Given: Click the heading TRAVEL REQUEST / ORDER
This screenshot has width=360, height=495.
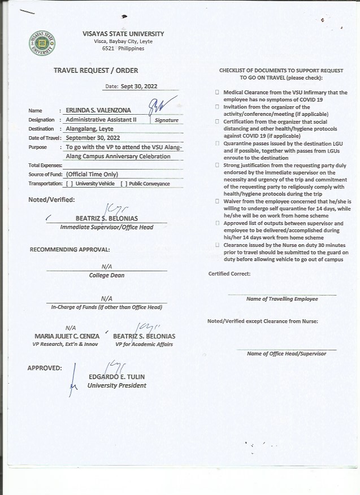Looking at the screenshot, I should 96,71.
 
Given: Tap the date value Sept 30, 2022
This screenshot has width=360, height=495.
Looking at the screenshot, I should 140,87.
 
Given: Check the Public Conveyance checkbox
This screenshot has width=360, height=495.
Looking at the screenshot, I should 124,184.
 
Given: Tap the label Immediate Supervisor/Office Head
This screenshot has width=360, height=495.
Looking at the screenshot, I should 106,227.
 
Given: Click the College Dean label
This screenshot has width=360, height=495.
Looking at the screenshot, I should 106,276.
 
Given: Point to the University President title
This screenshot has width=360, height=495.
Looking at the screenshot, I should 116,385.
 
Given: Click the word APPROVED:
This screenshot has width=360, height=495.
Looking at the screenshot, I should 45,368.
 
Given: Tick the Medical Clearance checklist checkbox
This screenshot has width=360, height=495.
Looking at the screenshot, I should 217,92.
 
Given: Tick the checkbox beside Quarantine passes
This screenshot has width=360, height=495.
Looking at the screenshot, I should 217,144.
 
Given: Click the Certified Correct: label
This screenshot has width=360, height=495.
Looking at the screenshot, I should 229,273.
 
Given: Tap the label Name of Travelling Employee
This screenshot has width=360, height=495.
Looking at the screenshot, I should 282,299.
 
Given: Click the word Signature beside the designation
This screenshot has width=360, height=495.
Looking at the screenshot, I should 166,120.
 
